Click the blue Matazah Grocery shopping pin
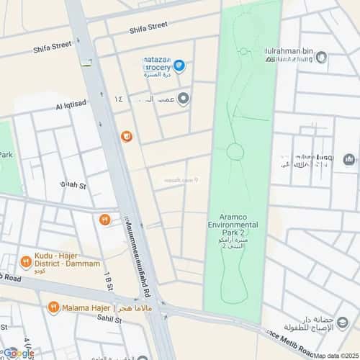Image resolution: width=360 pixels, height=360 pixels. click(x=179, y=66)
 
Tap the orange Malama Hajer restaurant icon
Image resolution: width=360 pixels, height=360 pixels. click(x=53, y=307)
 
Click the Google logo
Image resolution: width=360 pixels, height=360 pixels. click(x=18, y=353)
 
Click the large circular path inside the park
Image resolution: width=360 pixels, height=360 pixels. click(x=235, y=152)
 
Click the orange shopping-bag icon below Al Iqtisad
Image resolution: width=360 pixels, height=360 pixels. click(x=126, y=136)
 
